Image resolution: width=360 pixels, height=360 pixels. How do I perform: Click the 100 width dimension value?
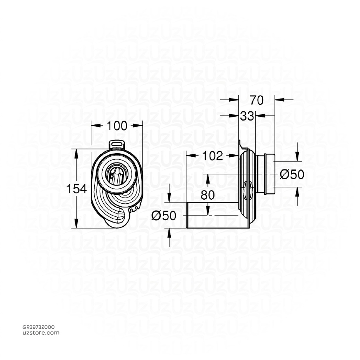[117, 126]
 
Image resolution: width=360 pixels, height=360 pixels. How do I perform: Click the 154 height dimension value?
[77, 189]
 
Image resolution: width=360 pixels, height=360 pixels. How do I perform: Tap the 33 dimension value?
[247, 116]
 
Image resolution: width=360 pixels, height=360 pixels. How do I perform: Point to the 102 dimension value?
[213, 156]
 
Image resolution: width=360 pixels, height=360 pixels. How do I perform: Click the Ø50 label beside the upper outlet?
[292, 174]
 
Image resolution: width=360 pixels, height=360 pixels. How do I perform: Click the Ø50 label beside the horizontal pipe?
[163, 216]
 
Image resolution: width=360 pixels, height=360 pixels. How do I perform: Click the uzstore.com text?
[41, 333]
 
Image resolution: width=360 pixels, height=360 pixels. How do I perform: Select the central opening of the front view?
[116, 174]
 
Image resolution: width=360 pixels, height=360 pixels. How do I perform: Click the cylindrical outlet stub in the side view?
[266, 174]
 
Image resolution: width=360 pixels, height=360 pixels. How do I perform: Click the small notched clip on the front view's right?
[134, 210]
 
